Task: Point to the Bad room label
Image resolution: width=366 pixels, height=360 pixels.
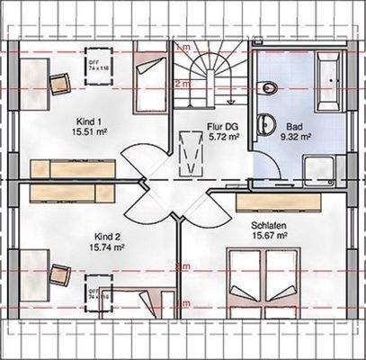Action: (x=294, y=127)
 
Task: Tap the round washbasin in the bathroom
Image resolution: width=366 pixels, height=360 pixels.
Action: (x=264, y=125)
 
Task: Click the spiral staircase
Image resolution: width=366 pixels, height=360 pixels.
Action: (x=209, y=72)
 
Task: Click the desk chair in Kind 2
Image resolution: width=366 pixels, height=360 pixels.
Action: (x=58, y=273)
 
